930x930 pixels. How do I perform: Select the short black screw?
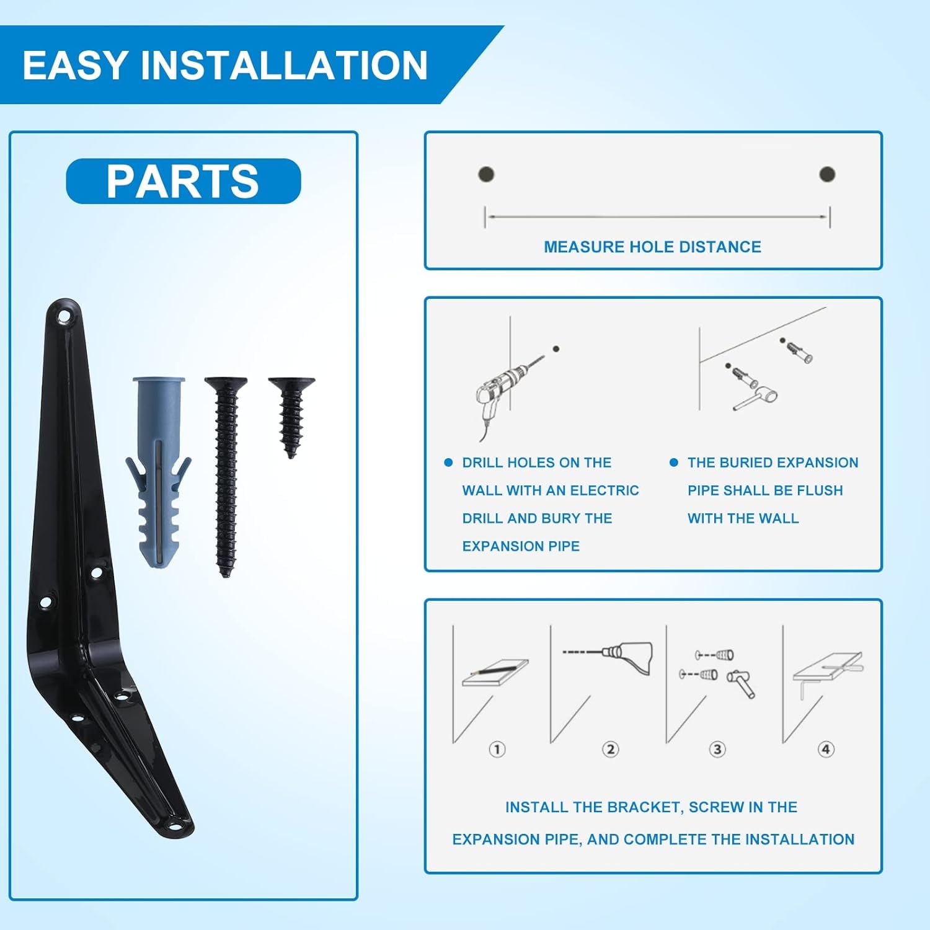point(291,417)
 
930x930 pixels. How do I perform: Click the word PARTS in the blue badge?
point(182,181)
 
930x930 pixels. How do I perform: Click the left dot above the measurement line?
point(486,174)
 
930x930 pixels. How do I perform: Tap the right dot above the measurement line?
point(827,174)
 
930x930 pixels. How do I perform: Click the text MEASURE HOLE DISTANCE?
point(652,247)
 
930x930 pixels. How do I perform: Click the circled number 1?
point(497,749)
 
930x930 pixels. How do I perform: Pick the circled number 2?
point(610,749)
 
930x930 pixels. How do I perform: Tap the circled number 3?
point(717,749)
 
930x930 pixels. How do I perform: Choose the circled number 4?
point(825,749)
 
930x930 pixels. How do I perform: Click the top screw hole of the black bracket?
point(63,319)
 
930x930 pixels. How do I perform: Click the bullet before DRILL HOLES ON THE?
point(448,463)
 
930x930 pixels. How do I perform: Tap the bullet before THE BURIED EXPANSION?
point(674,463)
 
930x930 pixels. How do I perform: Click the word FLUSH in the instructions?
point(820,490)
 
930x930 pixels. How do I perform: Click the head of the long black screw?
point(226,383)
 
